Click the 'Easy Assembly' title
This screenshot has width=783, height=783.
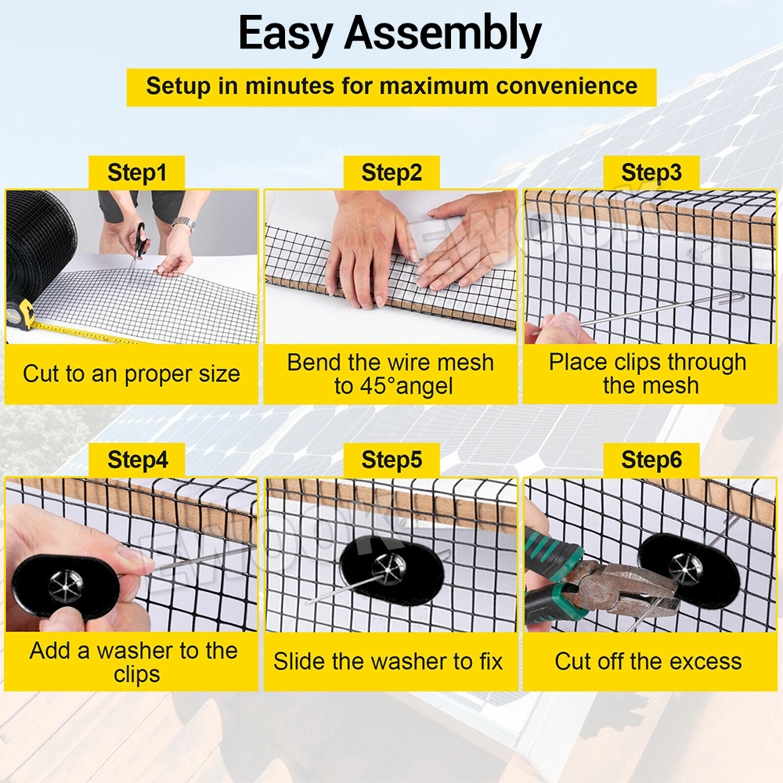coord(390,34)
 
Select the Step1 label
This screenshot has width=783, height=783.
coord(137,173)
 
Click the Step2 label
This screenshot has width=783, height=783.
coord(391,173)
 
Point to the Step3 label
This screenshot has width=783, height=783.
coord(651,173)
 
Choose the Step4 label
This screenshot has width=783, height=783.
coord(138,460)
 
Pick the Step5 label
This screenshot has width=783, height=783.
coord(391,460)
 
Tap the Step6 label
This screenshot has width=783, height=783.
coord(651,460)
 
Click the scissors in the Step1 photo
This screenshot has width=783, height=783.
coord(139,244)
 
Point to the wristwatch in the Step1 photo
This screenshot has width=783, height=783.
coord(184,223)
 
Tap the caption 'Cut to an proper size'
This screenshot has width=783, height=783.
coord(132,374)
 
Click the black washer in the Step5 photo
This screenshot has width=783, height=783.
coord(391,570)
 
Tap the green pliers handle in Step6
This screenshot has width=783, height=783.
coord(552,574)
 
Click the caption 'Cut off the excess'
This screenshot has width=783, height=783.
coord(648,662)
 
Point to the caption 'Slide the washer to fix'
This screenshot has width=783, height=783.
coord(388,662)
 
